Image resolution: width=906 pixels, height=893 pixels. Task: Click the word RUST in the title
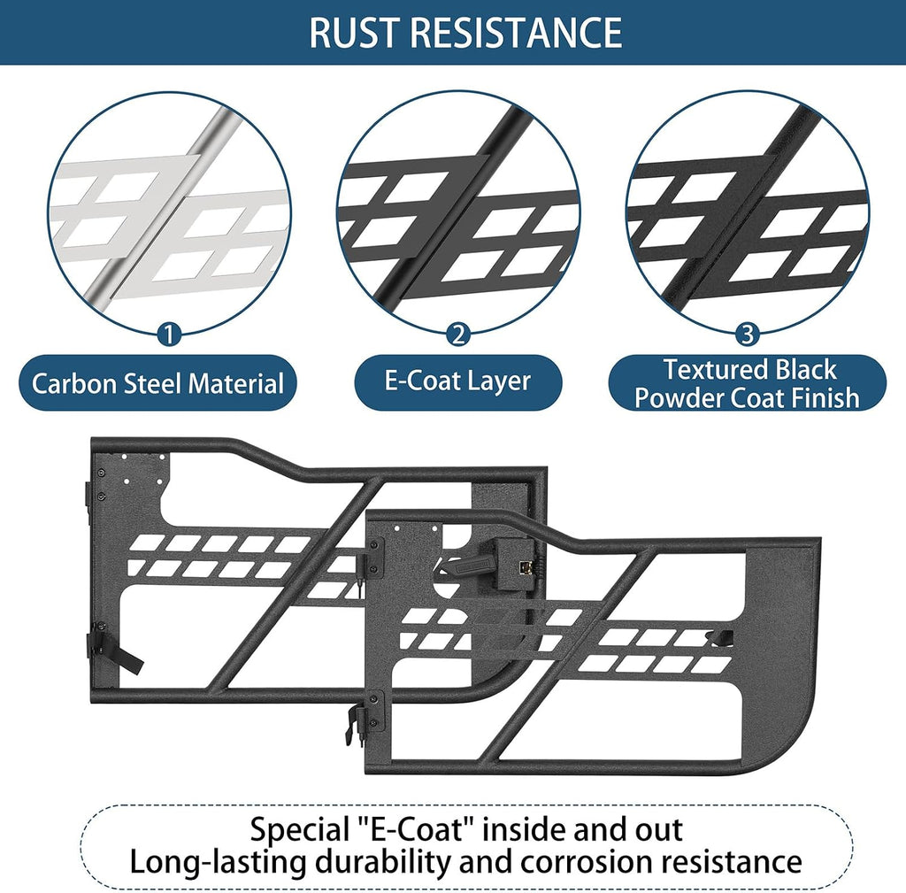[x=354, y=33]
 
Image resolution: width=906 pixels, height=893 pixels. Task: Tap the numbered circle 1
[x=169, y=334]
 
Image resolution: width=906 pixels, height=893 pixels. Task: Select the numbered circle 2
[x=458, y=334]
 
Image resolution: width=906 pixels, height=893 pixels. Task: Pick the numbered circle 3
[x=747, y=334]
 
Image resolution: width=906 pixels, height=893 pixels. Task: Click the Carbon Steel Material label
[x=157, y=383]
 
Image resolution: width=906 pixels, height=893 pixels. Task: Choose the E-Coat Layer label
[x=457, y=382]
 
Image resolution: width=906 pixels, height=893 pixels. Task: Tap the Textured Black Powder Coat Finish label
[x=747, y=383]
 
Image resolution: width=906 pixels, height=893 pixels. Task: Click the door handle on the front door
[x=472, y=565]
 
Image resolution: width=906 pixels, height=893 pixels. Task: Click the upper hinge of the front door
[x=372, y=558]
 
